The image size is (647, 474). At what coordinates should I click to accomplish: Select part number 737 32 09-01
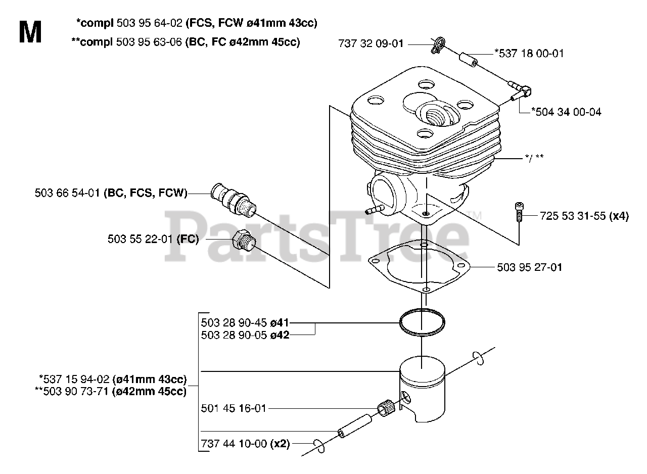tap(371, 44)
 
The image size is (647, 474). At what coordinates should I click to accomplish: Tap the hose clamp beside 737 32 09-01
tap(438, 44)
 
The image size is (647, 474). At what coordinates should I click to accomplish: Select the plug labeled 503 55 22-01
tap(244, 239)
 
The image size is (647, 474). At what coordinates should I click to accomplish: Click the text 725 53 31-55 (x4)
tap(584, 216)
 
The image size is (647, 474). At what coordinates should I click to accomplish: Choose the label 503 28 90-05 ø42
tap(245, 335)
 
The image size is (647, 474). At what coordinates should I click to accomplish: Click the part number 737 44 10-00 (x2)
tap(245, 444)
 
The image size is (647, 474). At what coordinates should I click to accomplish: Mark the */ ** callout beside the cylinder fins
tap(534, 158)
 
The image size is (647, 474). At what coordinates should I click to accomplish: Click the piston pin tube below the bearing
tap(355, 423)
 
